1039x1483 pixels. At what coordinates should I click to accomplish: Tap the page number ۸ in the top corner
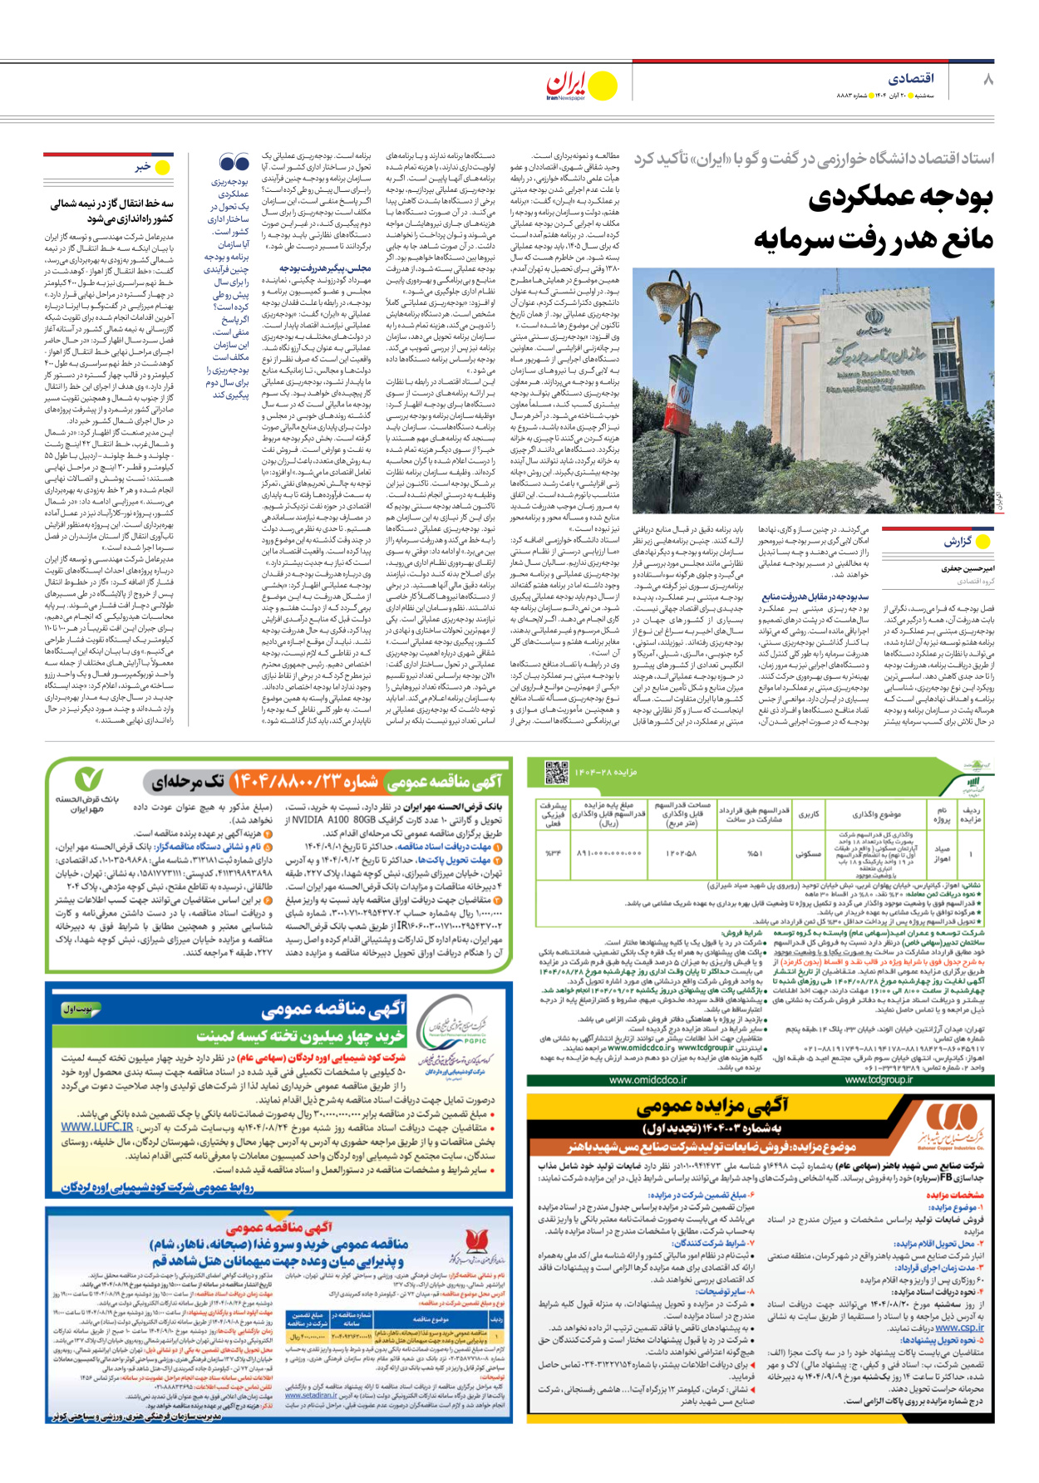coord(987,80)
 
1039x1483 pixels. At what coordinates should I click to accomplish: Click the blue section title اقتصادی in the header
coord(911,79)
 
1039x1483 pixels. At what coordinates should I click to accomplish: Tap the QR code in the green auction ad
coord(556,773)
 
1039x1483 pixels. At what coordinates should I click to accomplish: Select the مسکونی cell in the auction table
coord(807,853)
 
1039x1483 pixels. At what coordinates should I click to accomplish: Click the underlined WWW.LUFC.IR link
coord(96,1127)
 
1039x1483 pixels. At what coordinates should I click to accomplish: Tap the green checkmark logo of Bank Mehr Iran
coord(89,778)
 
